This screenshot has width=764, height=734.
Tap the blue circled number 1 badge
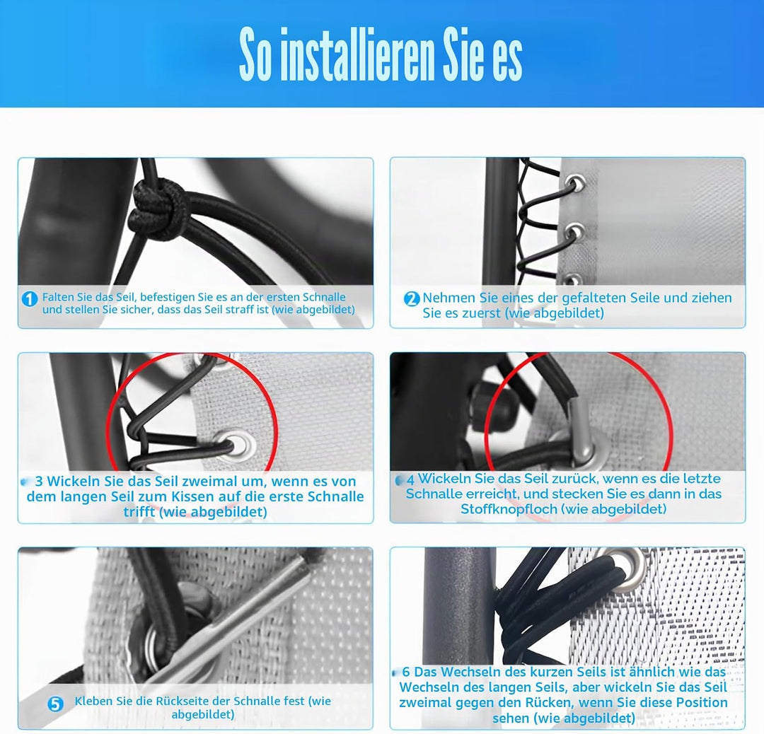(x=29, y=298)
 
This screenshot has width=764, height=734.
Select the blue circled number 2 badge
(x=412, y=298)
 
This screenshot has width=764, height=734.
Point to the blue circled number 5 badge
(x=56, y=704)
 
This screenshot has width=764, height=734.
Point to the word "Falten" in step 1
(x=58, y=296)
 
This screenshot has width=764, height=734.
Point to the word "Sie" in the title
(x=465, y=54)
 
